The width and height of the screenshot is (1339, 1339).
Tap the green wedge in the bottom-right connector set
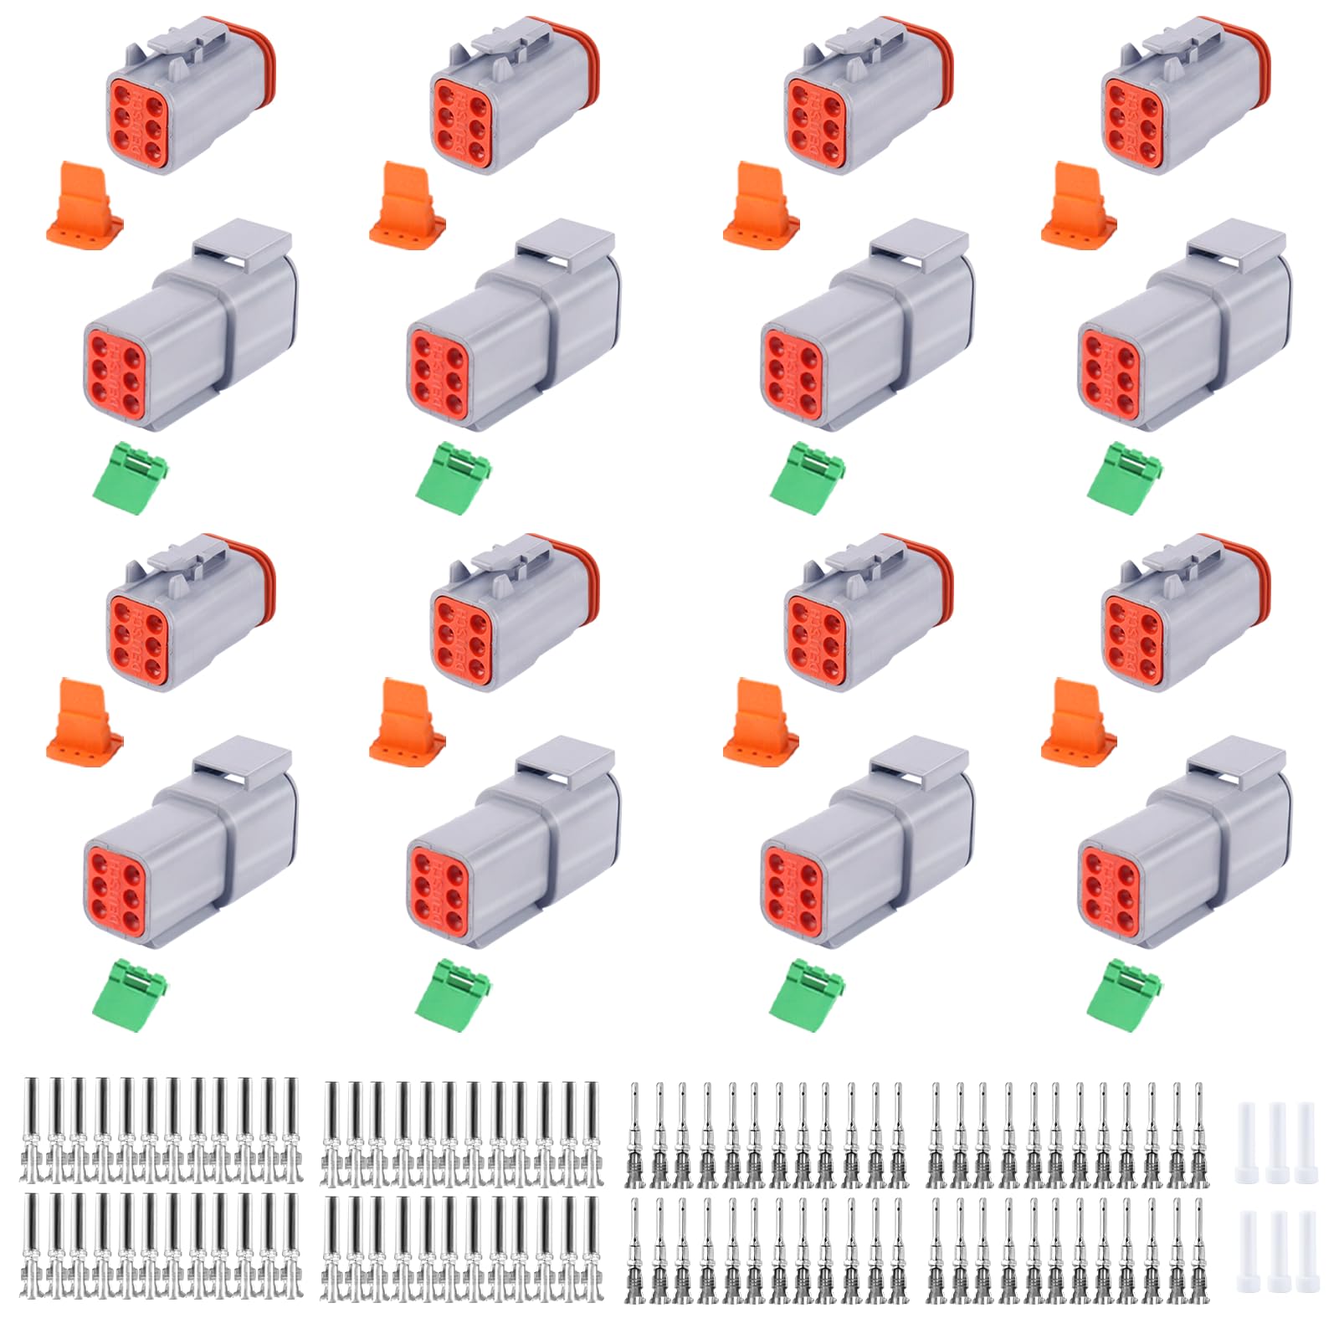tap(1125, 993)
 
